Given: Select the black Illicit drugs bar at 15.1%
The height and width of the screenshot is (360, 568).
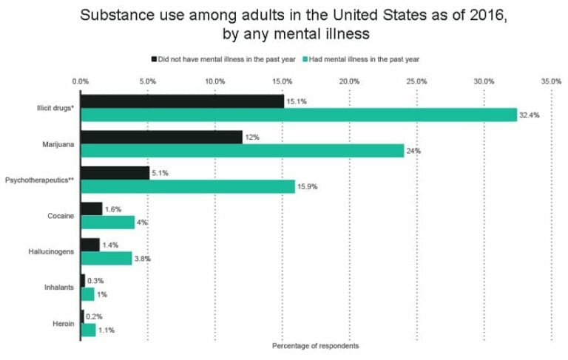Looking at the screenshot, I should pyautogui.click(x=182, y=101).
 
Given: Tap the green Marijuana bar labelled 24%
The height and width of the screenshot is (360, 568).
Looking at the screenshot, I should pyautogui.click(x=242, y=151).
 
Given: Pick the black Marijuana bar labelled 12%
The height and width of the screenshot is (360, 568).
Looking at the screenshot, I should pyautogui.click(x=161, y=137).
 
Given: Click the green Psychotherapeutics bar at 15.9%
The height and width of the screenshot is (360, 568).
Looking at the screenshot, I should pyautogui.click(x=187, y=186).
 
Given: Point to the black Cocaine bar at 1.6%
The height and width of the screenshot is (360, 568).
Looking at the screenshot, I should pyautogui.click(x=91, y=208).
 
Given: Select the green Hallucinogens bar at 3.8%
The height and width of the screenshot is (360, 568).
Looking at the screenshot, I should pyautogui.click(x=106, y=258).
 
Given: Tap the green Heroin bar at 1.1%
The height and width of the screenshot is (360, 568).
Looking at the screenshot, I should pyautogui.click(x=88, y=330).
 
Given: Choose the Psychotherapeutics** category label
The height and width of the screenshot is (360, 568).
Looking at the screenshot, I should pyautogui.click(x=39, y=180).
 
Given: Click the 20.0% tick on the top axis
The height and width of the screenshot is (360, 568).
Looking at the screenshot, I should pyautogui.click(x=349, y=81).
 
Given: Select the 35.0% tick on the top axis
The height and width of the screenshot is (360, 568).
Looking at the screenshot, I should pyautogui.click(x=551, y=81).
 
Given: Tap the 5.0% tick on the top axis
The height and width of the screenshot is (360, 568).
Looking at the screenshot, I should pyautogui.click(x=147, y=81).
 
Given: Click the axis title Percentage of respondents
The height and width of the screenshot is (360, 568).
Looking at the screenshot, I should pyautogui.click(x=315, y=346).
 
